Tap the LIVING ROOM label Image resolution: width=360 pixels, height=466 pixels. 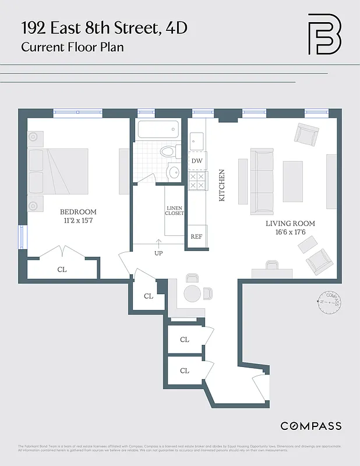click(x=290, y=224)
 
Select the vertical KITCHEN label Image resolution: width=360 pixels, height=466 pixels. click(x=221, y=186)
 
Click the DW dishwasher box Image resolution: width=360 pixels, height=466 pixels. click(x=197, y=161)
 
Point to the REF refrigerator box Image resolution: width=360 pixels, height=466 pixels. click(x=197, y=236)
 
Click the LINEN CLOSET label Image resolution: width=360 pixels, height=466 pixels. click(x=175, y=210)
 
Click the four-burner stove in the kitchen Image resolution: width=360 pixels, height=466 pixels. click(x=197, y=181)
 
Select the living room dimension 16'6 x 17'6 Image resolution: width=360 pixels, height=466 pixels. click(x=290, y=232)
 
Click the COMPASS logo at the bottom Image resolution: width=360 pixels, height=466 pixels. click(x=310, y=426)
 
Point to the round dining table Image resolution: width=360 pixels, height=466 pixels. click(x=192, y=294)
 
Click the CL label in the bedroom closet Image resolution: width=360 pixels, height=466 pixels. click(x=62, y=270)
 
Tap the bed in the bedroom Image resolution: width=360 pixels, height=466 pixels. click(x=58, y=171)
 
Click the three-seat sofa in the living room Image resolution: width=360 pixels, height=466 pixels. click(x=262, y=180)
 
